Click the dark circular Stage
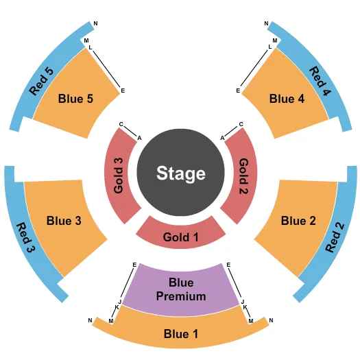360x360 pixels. coord(181,172)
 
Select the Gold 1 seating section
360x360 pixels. coord(181,235)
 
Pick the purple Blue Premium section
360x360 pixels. coord(181,290)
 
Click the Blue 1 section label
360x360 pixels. coord(181,333)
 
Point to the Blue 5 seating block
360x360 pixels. coord(75,97)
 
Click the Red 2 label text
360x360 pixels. coord(335,237)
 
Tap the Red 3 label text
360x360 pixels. coord(26,237)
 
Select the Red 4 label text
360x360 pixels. coord(320,81)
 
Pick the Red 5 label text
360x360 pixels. coord(41,81)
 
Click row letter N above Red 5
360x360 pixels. coord(95,23)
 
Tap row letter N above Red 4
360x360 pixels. coord(266,23)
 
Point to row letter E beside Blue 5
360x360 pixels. coord(123,91)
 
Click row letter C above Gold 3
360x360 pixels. coord(121,124)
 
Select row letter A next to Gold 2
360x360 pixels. coord(222,138)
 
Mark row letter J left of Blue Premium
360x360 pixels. coord(119,302)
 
